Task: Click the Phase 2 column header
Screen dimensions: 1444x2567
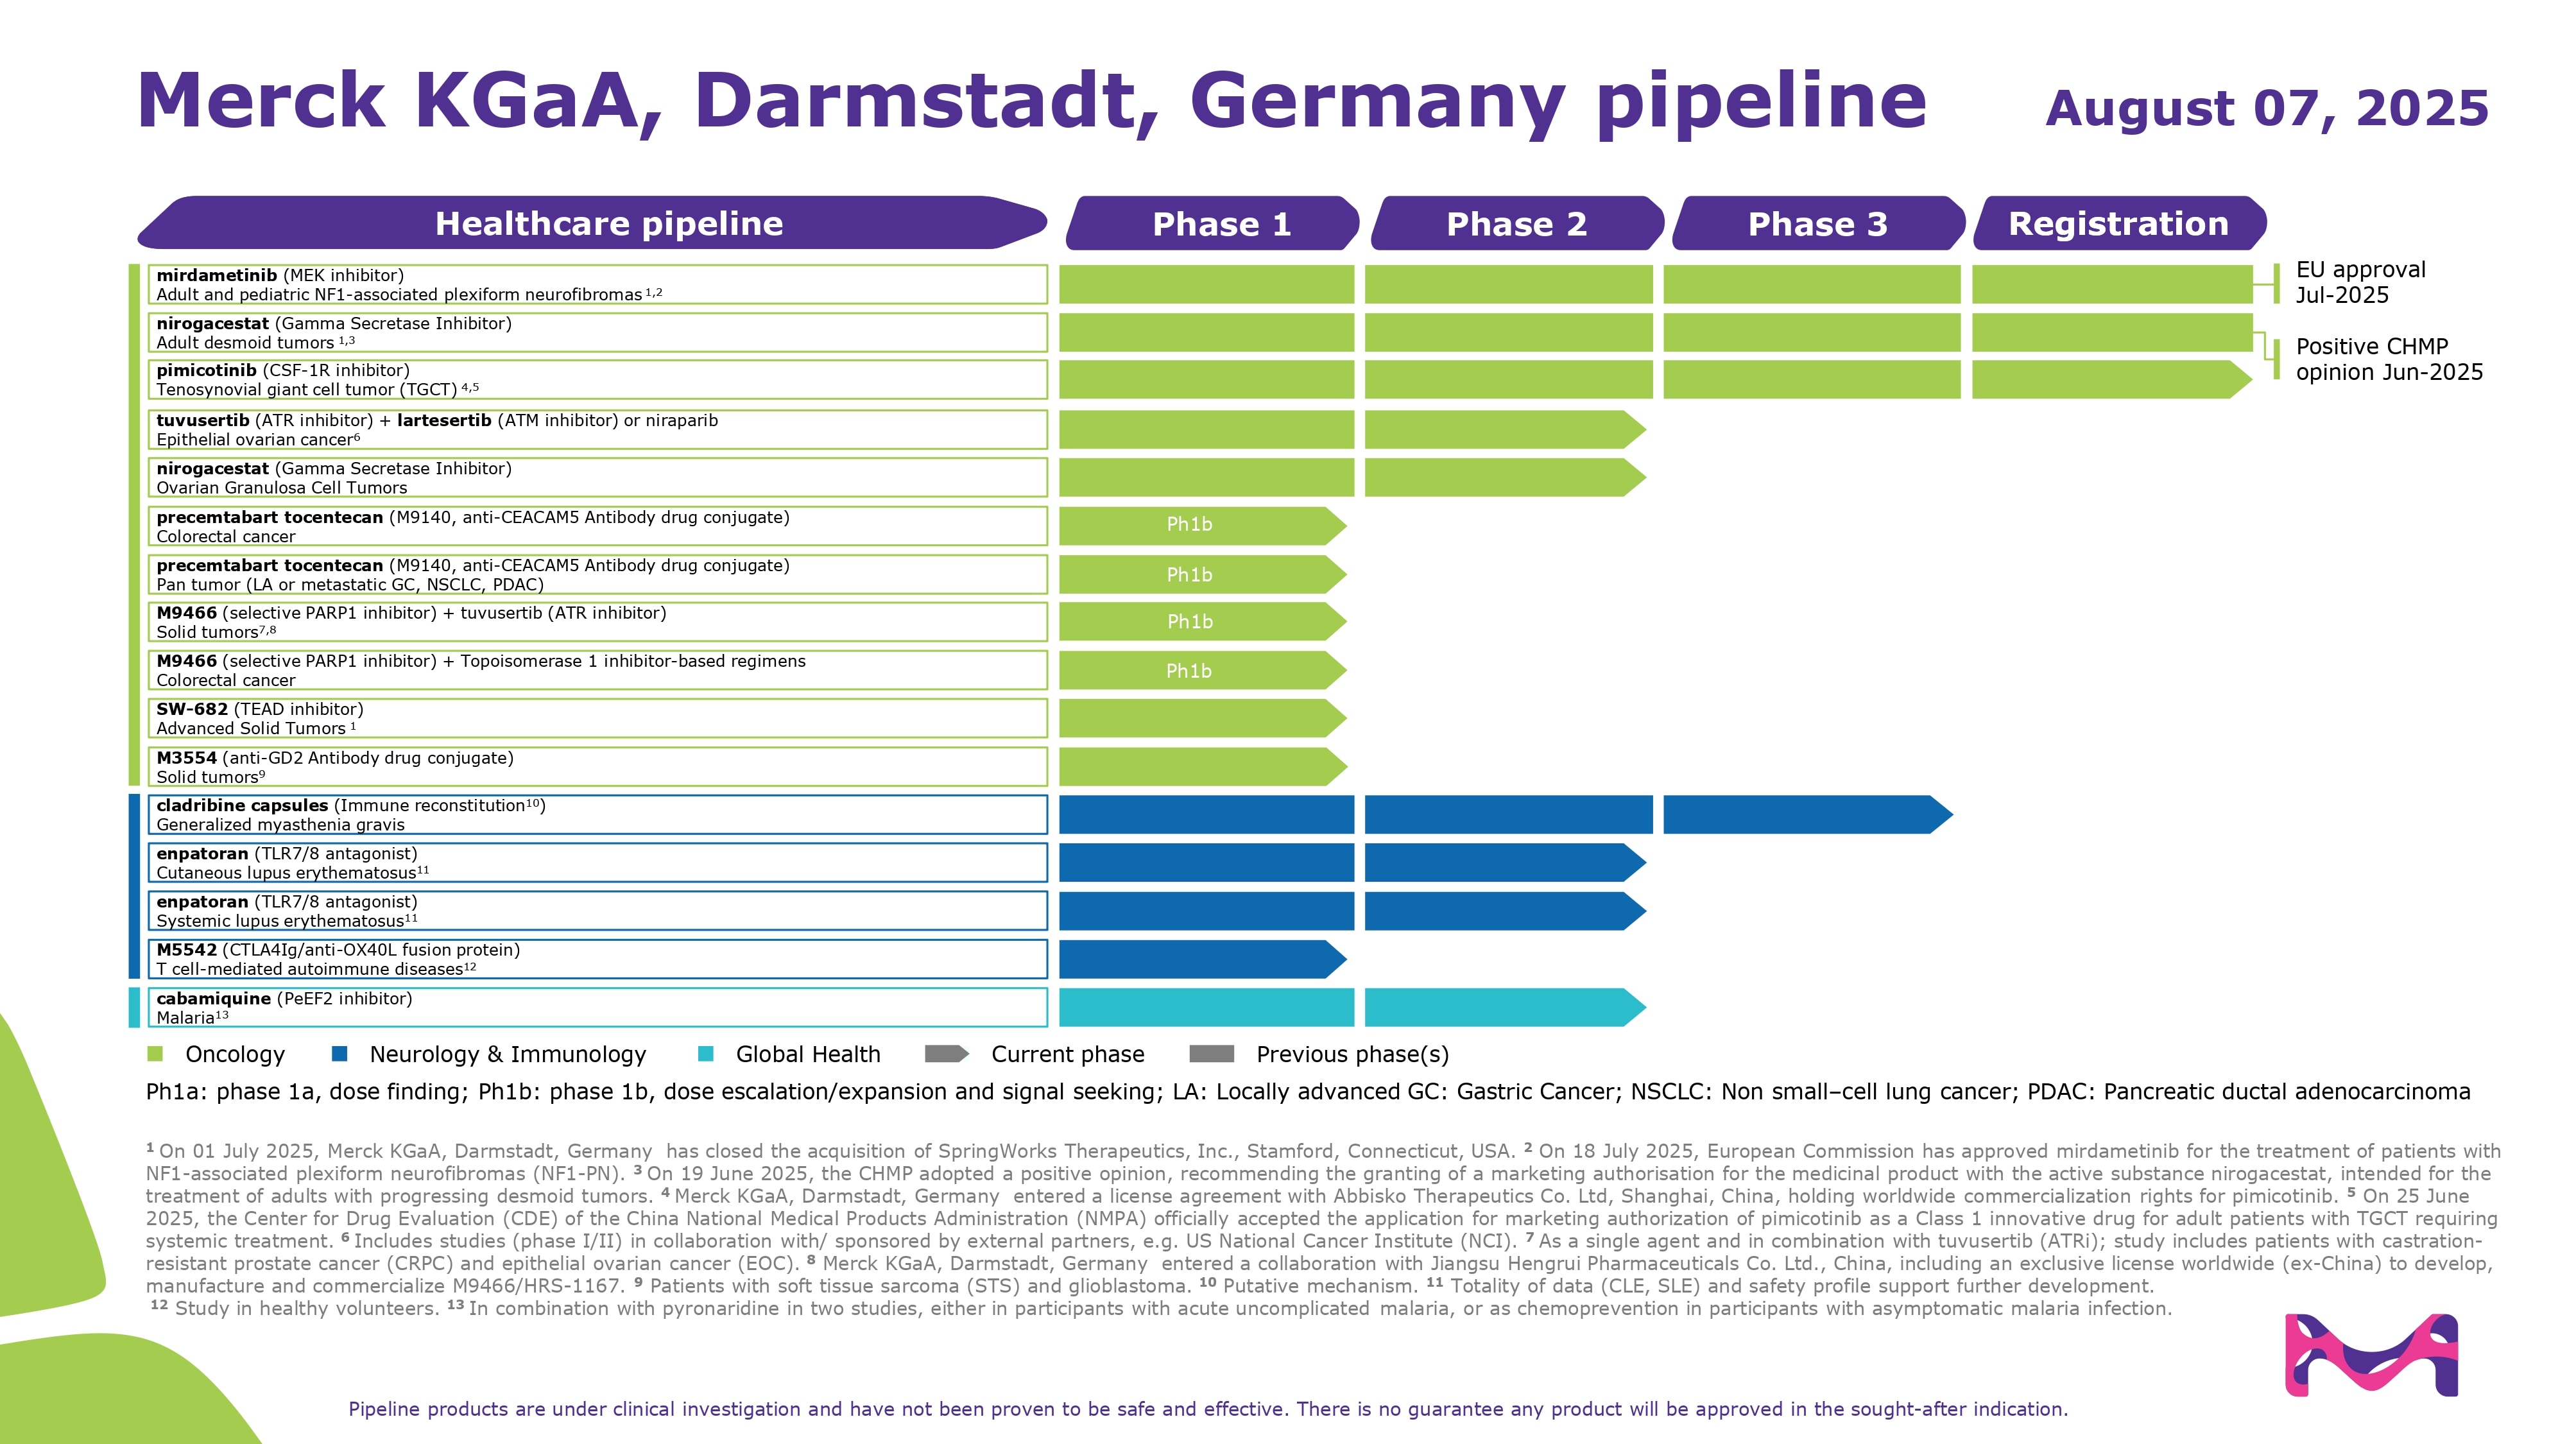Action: point(1516,223)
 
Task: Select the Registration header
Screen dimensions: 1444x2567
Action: point(2118,223)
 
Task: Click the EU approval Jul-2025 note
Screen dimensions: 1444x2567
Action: point(2360,282)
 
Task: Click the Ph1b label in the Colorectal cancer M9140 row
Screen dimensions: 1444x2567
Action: point(1189,524)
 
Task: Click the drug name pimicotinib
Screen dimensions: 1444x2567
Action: point(206,370)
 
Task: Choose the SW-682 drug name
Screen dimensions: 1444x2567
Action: point(191,709)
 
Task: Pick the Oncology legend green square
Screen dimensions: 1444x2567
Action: point(155,1053)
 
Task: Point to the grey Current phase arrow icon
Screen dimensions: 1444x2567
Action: point(946,1053)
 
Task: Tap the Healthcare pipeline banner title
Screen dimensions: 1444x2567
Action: point(609,223)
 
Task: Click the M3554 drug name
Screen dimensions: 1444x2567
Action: point(186,757)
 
